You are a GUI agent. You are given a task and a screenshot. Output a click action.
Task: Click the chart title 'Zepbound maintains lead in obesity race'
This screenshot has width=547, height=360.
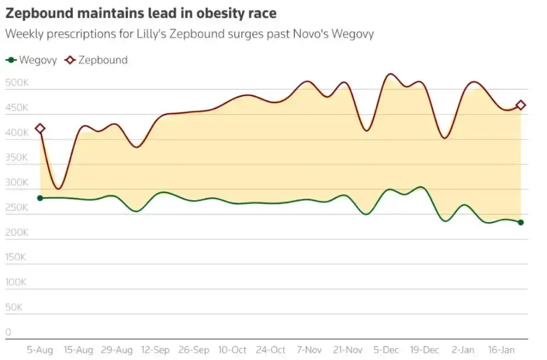point(141,13)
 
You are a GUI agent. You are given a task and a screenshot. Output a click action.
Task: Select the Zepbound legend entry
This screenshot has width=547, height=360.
point(97,60)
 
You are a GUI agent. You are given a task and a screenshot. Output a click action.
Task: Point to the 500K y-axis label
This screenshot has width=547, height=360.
point(16,83)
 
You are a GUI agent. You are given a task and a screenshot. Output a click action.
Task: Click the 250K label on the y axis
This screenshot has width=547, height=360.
point(16,207)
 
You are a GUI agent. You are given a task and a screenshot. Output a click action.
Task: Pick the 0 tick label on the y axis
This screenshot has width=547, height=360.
point(8,332)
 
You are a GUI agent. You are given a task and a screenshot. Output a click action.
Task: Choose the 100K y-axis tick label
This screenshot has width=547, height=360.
point(16,282)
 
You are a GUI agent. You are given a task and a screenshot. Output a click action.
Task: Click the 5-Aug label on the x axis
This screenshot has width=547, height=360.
point(40,350)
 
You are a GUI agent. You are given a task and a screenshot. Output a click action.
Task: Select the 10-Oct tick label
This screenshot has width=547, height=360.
point(232,350)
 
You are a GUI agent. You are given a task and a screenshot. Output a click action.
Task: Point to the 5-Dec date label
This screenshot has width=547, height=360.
point(386,350)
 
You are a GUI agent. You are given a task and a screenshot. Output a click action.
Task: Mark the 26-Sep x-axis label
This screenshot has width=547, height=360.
point(194,350)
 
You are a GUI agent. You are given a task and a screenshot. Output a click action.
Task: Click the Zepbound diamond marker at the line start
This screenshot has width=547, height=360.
point(40,129)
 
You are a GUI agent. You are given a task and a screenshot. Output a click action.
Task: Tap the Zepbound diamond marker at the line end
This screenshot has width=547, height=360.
point(521,105)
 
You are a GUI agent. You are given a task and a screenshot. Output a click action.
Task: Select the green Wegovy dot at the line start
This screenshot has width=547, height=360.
point(40,198)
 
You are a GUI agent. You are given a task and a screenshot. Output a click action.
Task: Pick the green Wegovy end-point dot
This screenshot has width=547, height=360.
point(521,222)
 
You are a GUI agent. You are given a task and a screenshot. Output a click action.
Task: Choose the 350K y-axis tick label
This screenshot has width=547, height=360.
point(16,158)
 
